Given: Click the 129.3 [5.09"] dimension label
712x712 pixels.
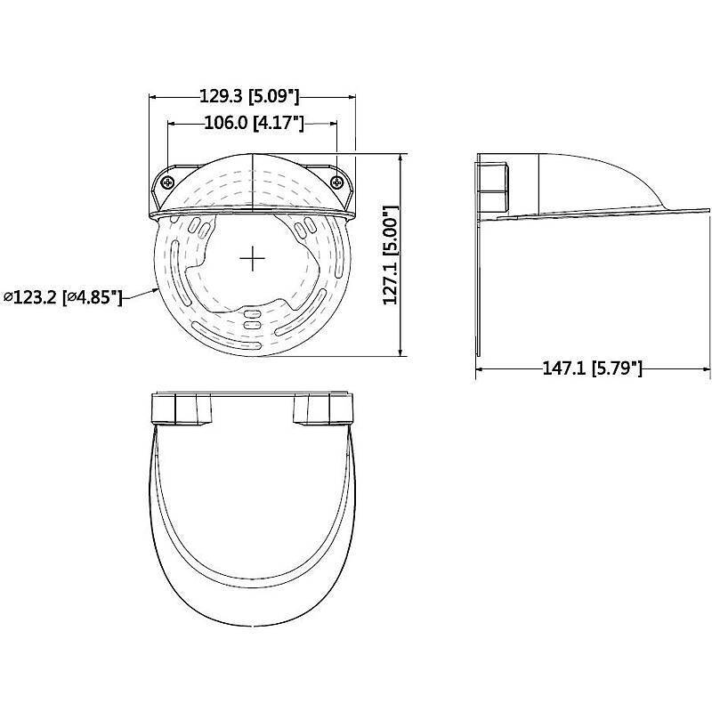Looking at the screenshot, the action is pyautogui.click(x=249, y=96).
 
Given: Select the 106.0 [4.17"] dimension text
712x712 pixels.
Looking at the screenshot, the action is pyautogui.click(x=254, y=123).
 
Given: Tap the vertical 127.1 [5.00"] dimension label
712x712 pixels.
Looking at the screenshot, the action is pyautogui.click(x=391, y=255).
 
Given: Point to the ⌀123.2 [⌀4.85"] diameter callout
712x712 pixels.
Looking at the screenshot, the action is pyautogui.click(x=62, y=297).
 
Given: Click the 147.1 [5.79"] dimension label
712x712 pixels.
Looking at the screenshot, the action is pyautogui.click(x=593, y=368).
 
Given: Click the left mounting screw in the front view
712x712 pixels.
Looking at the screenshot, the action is pyautogui.click(x=168, y=182).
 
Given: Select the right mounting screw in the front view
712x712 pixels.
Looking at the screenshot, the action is pyautogui.click(x=337, y=182).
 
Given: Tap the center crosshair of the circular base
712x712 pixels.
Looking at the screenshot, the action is pyautogui.click(x=252, y=258).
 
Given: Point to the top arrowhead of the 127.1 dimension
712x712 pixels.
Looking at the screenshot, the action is pyautogui.click(x=400, y=158).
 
